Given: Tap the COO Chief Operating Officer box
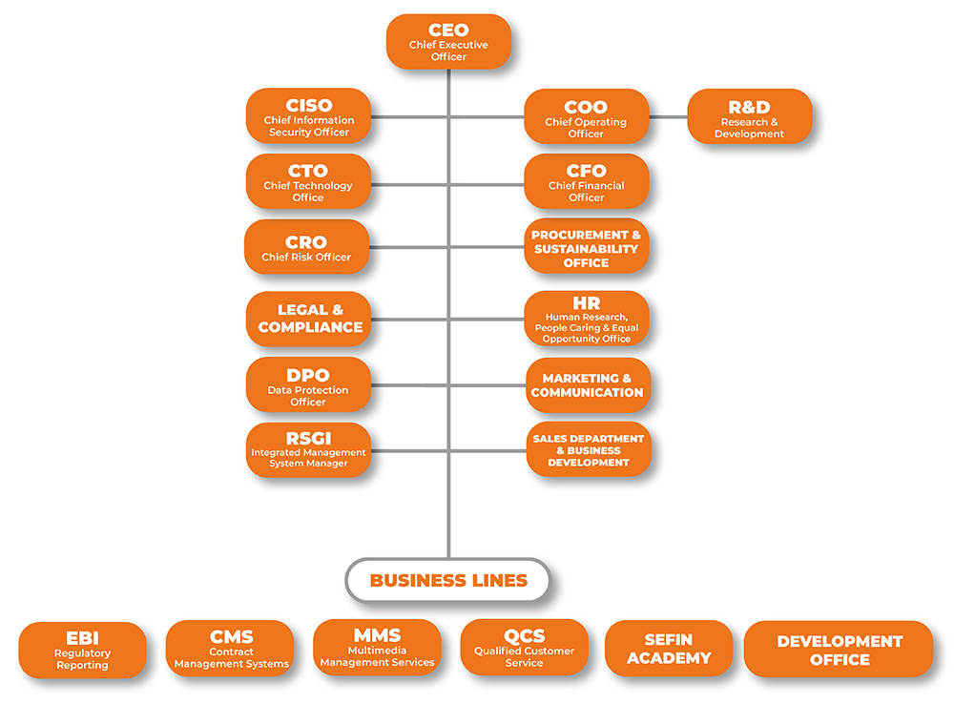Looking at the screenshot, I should (586, 117).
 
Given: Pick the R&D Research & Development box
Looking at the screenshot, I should (749, 117).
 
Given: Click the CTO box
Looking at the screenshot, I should (307, 181).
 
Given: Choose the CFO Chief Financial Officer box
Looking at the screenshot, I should (586, 181).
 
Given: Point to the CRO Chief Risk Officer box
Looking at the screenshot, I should (306, 247).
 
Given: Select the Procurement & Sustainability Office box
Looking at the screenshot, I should (586, 247).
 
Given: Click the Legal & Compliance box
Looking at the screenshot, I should (309, 319).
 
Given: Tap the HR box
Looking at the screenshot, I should (586, 319).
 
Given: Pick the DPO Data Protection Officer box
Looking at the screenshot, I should (307, 385).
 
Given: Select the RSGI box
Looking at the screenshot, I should (307, 449).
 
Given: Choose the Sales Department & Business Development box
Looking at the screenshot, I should (588, 449).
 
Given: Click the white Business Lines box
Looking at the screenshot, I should (447, 580).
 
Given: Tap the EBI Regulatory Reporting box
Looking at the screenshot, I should (82, 650).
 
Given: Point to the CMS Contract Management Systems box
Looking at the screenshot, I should (230, 649).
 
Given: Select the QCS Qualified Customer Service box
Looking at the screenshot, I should (524, 648).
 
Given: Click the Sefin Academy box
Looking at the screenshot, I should (668, 649).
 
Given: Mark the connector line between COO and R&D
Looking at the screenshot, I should (668, 117).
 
